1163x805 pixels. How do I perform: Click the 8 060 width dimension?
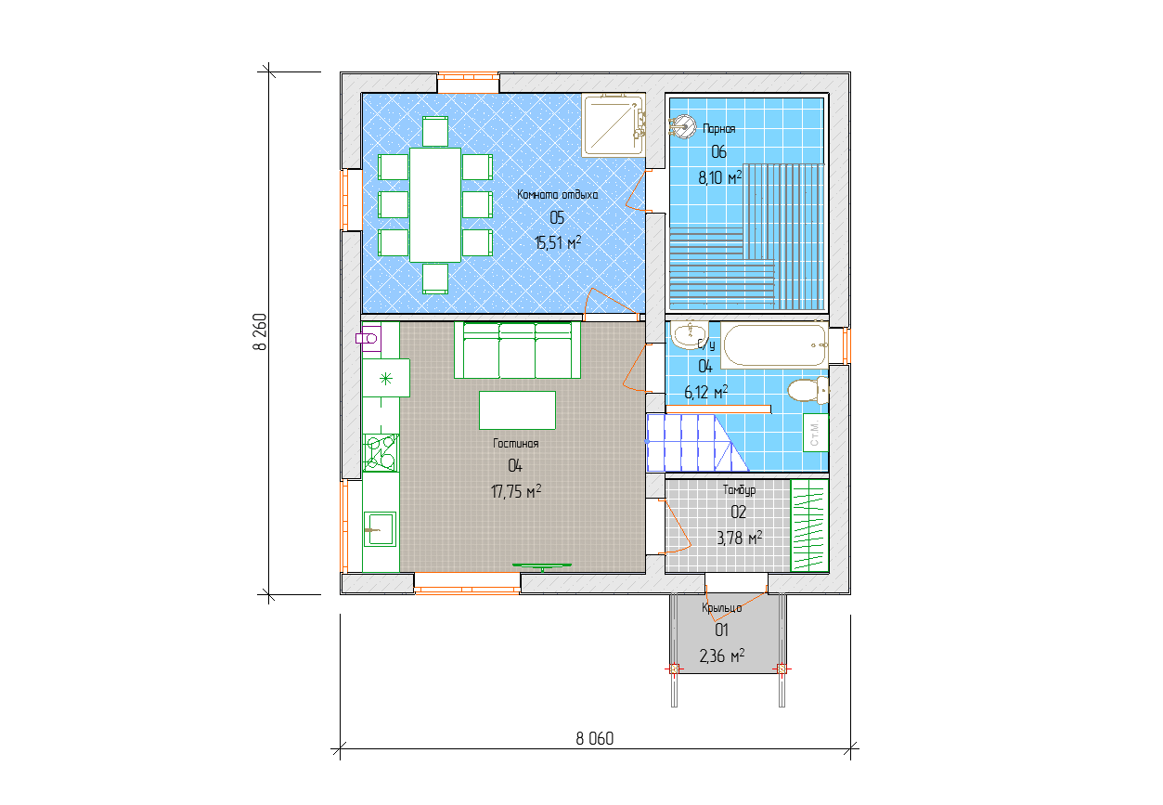[x=594, y=738]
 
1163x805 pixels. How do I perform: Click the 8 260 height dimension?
[x=260, y=331]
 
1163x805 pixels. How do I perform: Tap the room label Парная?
[x=719, y=128]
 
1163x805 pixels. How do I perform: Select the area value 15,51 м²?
[x=558, y=242]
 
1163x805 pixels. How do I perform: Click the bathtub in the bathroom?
[x=774, y=344]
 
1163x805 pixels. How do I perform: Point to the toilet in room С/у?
[x=808, y=390]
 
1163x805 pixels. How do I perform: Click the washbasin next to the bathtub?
[x=690, y=334]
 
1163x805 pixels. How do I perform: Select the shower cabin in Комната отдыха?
[x=614, y=124]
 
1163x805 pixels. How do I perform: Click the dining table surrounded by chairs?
[x=435, y=205]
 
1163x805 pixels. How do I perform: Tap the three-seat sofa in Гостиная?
[x=517, y=350]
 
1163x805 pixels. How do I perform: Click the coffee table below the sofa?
[x=517, y=410]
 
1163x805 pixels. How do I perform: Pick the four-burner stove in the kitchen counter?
[x=381, y=453]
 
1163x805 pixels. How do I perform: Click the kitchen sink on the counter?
[x=380, y=529]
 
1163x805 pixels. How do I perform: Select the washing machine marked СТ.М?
[x=815, y=433]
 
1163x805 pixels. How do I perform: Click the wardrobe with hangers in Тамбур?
[x=809, y=526]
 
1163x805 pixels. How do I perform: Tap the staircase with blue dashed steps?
[x=697, y=443]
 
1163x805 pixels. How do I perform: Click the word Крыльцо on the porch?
[x=722, y=608]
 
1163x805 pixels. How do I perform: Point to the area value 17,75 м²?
[x=516, y=491]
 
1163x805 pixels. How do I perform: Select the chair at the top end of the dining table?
[x=435, y=132]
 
